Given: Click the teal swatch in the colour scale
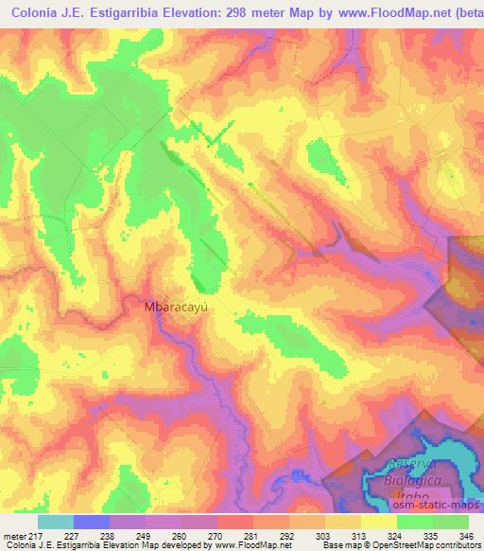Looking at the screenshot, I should (55, 522).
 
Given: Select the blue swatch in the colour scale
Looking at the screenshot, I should (92, 522).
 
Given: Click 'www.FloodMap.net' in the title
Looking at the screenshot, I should (389, 14).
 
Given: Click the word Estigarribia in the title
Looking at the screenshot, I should (113, 14).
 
